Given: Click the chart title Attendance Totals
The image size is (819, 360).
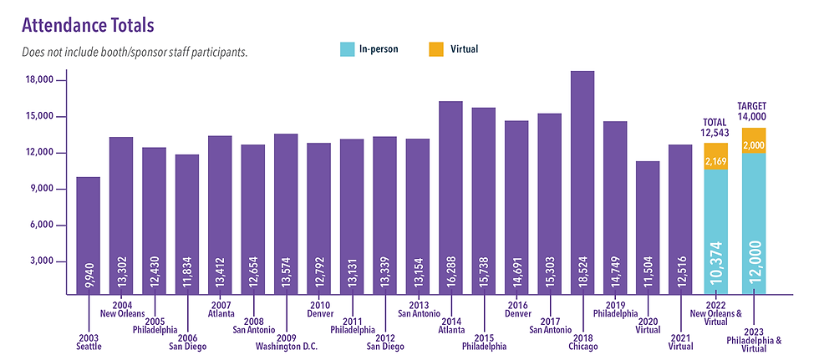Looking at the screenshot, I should [88, 23].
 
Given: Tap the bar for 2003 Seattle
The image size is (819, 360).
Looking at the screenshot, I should [88, 235].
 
